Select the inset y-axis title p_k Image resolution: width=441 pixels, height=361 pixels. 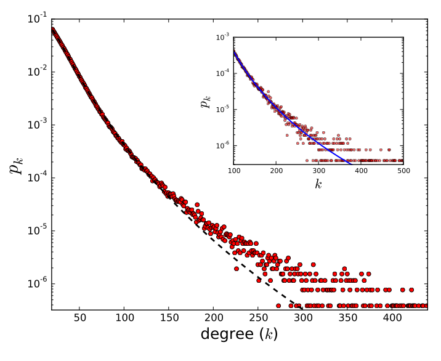pos(205,100)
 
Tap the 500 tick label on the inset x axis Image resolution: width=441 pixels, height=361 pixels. pos(403,170)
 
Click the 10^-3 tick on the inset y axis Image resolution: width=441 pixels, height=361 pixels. pos(223,38)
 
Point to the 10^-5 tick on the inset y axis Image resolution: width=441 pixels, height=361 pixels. pos(223,110)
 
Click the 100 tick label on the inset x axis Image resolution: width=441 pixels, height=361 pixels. pos(235,170)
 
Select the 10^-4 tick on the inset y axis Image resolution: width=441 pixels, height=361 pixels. pos(223,74)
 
